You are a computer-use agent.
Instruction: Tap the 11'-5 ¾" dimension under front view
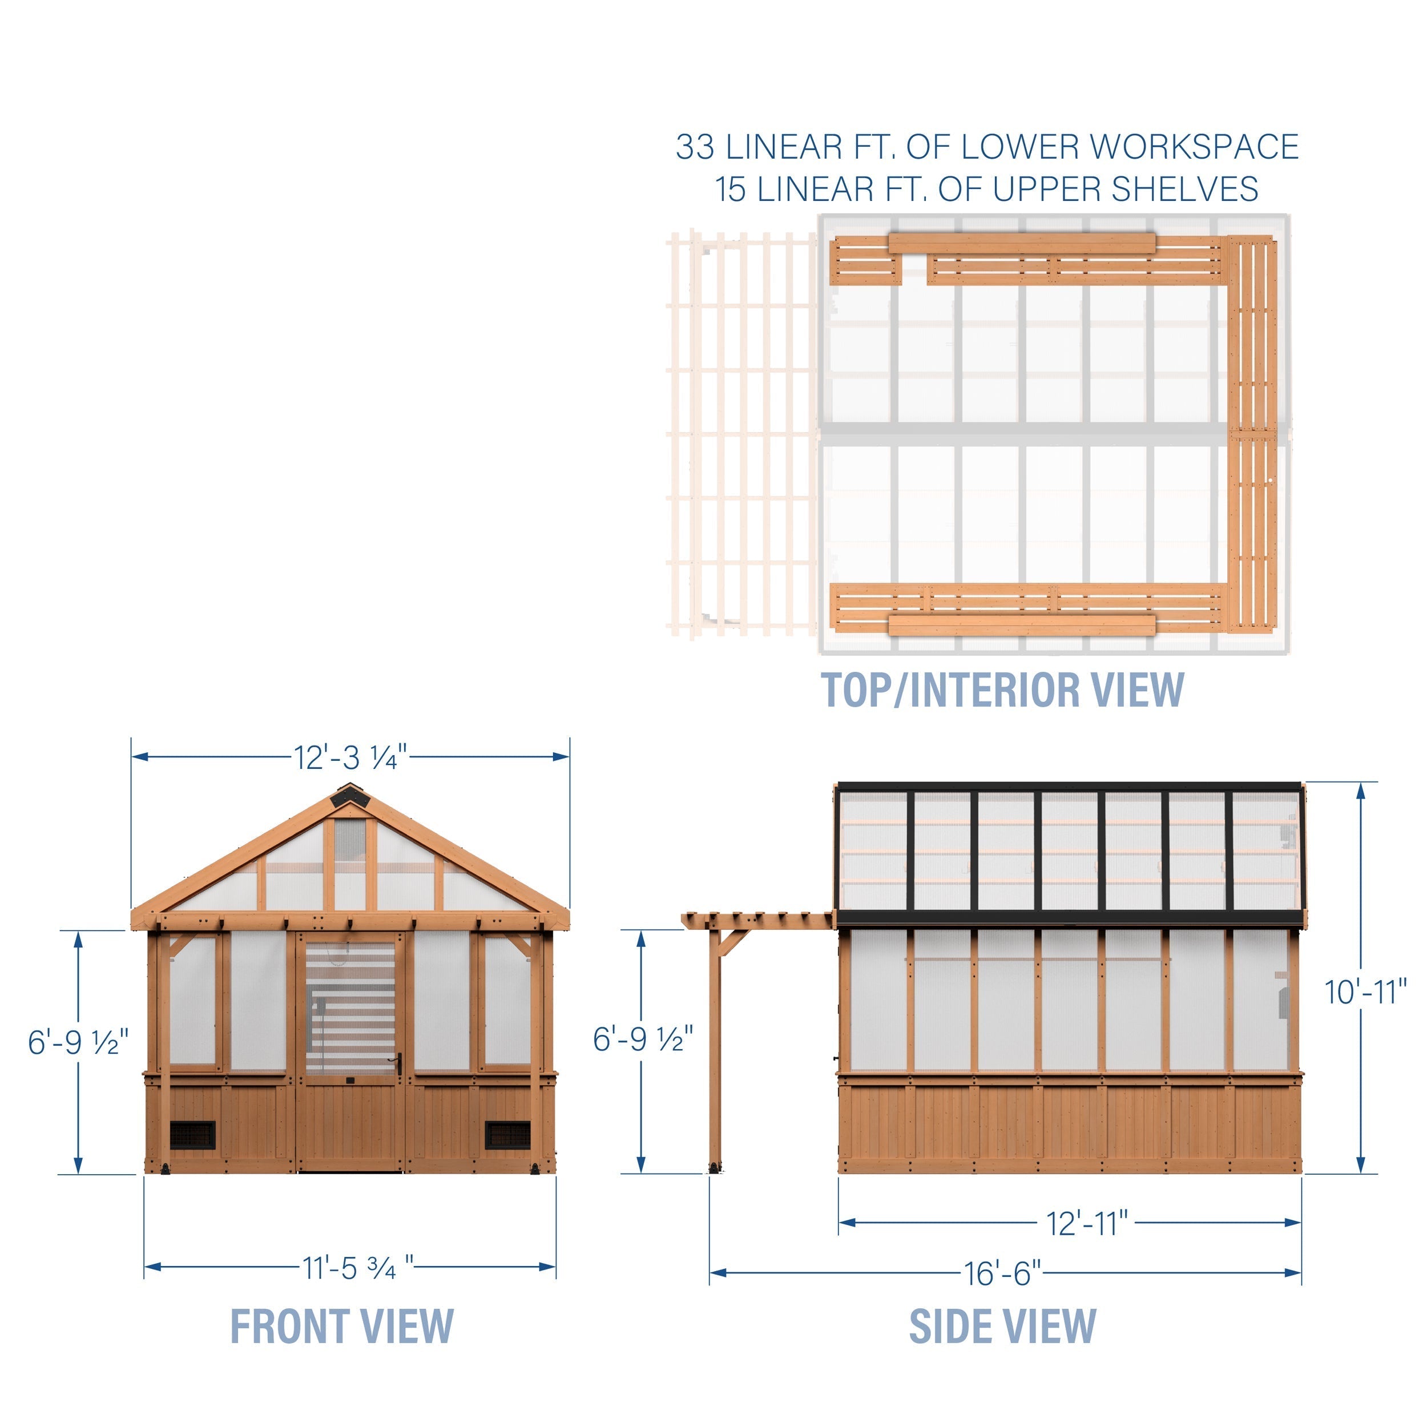(x=357, y=1268)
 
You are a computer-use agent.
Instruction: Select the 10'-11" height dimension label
(x=1365, y=993)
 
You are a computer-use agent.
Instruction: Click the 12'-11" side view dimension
(x=1086, y=1224)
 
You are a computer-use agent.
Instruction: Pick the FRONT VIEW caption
(x=342, y=1327)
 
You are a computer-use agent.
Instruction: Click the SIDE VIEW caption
(x=1002, y=1327)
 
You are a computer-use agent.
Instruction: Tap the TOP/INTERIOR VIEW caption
(x=1002, y=690)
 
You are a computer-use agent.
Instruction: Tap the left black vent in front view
(x=193, y=1135)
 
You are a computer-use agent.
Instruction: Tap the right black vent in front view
(x=507, y=1135)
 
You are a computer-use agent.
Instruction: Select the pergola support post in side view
(x=714, y=1049)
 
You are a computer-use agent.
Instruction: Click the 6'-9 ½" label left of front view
(x=78, y=1042)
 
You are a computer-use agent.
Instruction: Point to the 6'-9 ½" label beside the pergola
(x=643, y=1039)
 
